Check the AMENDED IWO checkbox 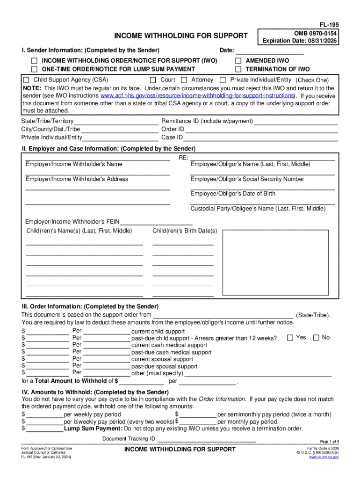click(x=238, y=61)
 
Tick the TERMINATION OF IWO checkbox click(x=238, y=69)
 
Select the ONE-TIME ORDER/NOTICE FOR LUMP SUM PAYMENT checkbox click(x=34, y=69)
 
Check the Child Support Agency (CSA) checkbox click(x=26, y=80)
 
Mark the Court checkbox click(x=153, y=80)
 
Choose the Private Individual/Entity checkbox click(x=223, y=80)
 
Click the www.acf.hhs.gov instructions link click(x=197, y=96)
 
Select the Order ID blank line click(x=261, y=130)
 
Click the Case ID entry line click(x=261, y=138)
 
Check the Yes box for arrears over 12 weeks click(x=290, y=338)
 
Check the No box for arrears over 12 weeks click(x=316, y=338)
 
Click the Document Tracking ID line click(x=207, y=439)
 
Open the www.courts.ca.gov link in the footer click(x=324, y=457)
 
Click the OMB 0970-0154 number click(x=316, y=34)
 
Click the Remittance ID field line click(x=295, y=122)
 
